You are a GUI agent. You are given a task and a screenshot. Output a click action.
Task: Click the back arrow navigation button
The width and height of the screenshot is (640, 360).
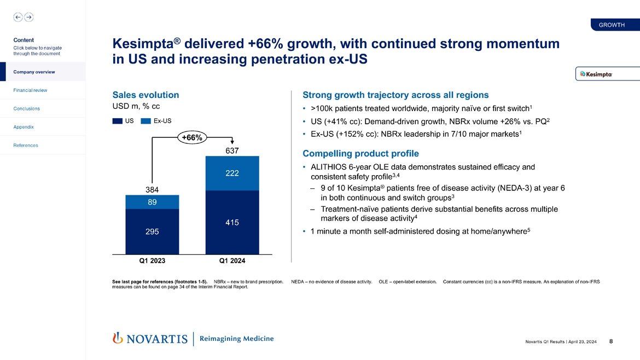(x=18, y=17)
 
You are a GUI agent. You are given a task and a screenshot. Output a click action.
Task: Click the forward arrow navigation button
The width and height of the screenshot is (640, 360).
(x=28, y=17)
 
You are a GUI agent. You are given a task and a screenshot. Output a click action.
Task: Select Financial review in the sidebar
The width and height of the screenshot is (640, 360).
(x=31, y=90)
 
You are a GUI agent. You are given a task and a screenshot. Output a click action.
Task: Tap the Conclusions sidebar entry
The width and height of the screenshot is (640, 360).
(x=27, y=108)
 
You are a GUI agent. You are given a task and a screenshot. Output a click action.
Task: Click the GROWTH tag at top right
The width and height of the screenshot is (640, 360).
(x=612, y=25)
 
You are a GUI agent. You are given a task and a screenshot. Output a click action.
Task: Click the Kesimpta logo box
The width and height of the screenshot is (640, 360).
(x=600, y=74)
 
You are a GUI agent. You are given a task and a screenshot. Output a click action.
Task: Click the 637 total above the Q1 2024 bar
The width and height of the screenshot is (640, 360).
(x=232, y=150)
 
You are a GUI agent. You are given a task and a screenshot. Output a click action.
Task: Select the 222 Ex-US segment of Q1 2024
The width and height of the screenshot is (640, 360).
(x=232, y=173)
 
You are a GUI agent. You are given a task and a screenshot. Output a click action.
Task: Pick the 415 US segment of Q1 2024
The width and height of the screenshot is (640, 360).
(x=232, y=223)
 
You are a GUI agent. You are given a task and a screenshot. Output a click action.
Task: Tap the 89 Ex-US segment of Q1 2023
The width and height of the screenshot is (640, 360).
(x=152, y=202)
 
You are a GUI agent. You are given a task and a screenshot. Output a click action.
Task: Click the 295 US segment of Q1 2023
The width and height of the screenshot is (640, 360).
(x=152, y=232)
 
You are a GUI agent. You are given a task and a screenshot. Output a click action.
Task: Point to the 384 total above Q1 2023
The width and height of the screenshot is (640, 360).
(x=152, y=189)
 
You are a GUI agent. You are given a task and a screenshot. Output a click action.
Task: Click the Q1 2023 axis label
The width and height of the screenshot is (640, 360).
(x=152, y=261)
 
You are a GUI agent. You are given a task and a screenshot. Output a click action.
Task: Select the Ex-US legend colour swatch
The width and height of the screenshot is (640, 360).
(x=146, y=121)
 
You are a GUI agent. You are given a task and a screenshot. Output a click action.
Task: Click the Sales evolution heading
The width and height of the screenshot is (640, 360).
(x=146, y=95)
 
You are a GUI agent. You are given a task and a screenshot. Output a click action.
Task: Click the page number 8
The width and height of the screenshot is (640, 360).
(x=610, y=342)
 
